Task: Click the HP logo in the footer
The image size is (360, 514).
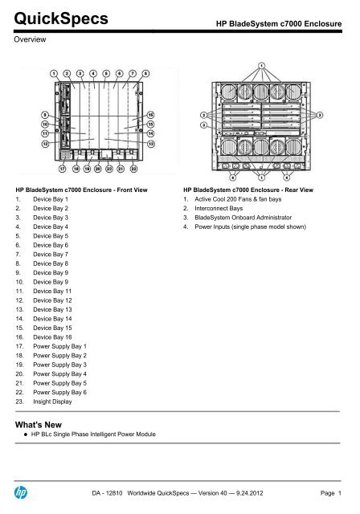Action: tap(21, 492)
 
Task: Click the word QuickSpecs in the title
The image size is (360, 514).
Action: tap(61, 18)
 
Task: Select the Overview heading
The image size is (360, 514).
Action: tap(30, 39)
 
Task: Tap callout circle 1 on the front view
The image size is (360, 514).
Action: tap(54, 73)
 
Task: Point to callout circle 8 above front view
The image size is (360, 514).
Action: tap(145, 73)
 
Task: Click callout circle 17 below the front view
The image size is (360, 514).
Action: tap(63, 169)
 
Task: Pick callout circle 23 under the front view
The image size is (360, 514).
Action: tap(109, 169)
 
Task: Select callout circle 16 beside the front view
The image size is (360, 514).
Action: tap(150, 115)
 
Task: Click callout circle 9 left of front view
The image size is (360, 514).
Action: tap(45, 115)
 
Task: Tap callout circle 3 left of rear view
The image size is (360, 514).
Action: tap(204, 125)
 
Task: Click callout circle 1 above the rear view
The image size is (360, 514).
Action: tap(261, 66)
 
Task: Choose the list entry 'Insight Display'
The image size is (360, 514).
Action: tap(52, 402)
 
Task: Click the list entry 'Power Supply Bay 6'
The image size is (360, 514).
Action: tap(60, 393)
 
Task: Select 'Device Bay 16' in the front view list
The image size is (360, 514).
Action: tap(52, 337)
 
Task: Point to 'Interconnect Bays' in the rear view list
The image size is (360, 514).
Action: tap(219, 209)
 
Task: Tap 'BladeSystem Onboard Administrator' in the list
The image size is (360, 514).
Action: tap(243, 218)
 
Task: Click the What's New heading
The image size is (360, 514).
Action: tap(39, 425)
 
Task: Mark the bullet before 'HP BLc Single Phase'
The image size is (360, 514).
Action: tap(26, 434)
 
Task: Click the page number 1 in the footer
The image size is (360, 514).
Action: tap(340, 493)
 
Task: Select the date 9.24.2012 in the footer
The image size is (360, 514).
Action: tap(249, 493)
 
